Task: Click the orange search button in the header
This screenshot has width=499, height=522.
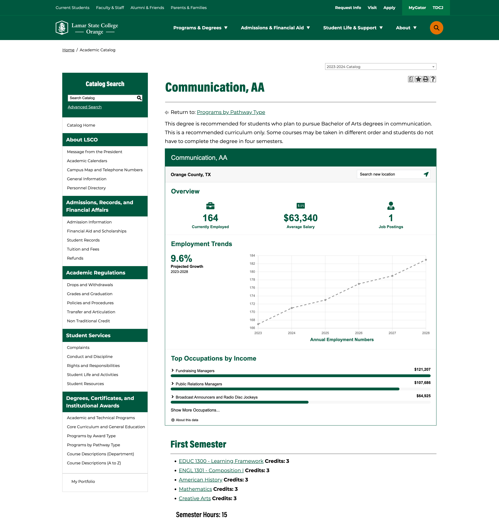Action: pyautogui.click(x=436, y=28)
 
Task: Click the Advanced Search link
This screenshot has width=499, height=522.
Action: pyautogui.click(x=85, y=107)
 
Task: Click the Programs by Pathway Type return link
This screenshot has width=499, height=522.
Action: pyautogui.click(x=231, y=112)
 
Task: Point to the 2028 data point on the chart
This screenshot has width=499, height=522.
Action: pyautogui.click(x=426, y=260)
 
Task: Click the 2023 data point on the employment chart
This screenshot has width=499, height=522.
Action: pyautogui.click(x=258, y=324)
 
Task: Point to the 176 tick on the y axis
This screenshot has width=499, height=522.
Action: pyautogui.click(x=252, y=288)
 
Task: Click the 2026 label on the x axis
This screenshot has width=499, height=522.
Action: pyautogui.click(x=359, y=333)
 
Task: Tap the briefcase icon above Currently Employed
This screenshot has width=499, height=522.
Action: pyautogui.click(x=210, y=206)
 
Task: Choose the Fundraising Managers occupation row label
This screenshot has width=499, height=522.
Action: pyautogui.click(x=195, y=371)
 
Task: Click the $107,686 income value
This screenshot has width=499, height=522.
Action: pyautogui.click(x=422, y=382)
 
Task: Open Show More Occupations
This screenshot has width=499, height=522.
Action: pyautogui.click(x=195, y=410)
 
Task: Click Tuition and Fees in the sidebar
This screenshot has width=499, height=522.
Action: pyautogui.click(x=83, y=249)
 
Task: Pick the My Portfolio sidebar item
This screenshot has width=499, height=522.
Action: pyautogui.click(x=83, y=481)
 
